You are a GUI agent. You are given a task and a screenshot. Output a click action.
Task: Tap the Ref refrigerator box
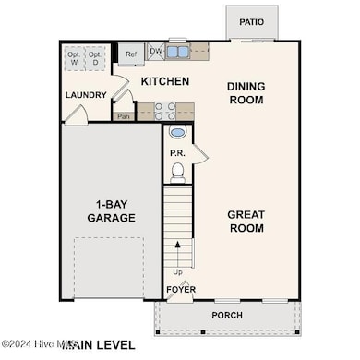[x=131, y=54]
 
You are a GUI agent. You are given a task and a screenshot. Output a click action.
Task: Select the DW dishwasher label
[x=155, y=53]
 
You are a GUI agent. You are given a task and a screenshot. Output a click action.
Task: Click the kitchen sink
[x=178, y=53]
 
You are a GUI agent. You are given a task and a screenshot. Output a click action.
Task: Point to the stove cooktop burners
[x=165, y=111]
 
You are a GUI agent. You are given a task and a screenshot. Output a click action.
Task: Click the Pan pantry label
[x=123, y=116]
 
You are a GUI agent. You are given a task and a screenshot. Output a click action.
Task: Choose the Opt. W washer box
[x=75, y=57]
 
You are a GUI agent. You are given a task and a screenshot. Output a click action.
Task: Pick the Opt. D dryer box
[x=95, y=57]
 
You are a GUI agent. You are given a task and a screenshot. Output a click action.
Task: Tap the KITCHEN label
[x=164, y=82]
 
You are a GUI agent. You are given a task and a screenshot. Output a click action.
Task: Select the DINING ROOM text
[x=246, y=93]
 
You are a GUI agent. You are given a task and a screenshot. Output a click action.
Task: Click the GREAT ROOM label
[x=246, y=222]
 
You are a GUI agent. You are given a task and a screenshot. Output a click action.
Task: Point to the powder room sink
[x=178, y=132]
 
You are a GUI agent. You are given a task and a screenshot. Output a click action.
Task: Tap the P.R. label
[x=178, y=152]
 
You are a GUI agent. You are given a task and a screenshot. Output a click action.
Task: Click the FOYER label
[x=180, y=290]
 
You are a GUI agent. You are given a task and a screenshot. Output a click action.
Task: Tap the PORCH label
[x=227, y=315]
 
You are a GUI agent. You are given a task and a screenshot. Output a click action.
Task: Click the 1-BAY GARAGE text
[x=110, y=211]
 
